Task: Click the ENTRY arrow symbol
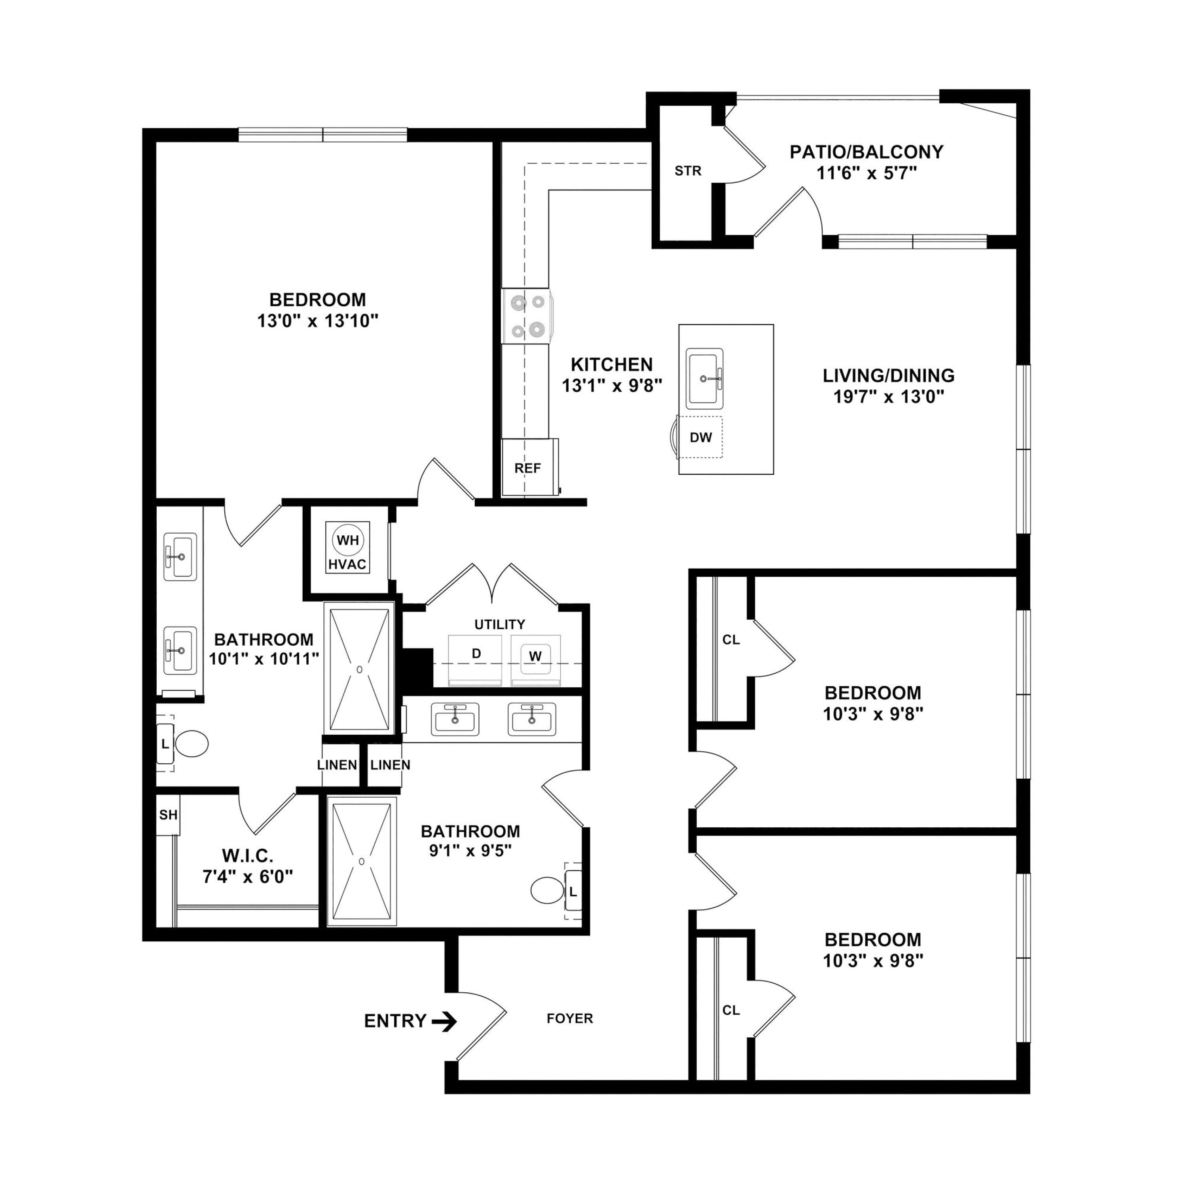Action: point(444,1022)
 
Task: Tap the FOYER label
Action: point(569,1019)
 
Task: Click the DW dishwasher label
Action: point(700,438)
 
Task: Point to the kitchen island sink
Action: point(705,379)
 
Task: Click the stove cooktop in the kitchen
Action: point(527,317)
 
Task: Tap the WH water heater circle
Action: point(348,540)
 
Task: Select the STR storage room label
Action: point(688,171)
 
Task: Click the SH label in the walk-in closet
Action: point(168,815)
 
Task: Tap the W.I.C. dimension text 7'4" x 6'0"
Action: point(248,876)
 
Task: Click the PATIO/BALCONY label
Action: point(866,152)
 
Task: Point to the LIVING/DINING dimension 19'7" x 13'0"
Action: point(888,396)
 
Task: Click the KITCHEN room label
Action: point(612,364)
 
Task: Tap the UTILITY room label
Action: point(499,624)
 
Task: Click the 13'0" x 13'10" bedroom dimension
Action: point(318,321)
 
